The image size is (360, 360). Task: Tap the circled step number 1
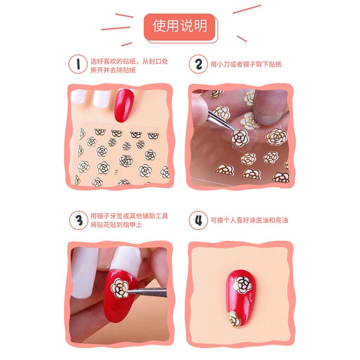pos(78,64)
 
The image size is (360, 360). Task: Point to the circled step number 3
pos(78,220)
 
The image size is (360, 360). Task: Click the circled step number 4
pos(199,220)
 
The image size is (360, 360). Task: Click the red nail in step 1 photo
pos(124,105)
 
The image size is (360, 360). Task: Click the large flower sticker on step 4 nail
pos(243,284)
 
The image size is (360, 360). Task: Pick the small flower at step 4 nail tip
pos(233,319)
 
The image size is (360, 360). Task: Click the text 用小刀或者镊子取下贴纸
pos(246,64)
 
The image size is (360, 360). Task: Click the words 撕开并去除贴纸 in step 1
pos(113,70)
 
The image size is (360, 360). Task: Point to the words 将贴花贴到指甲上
pos(116,225)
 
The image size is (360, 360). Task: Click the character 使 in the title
pos(159,26)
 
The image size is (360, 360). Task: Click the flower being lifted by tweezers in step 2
pos(240,137)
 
